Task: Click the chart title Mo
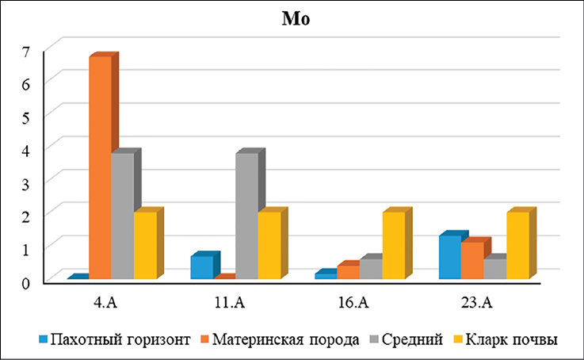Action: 292,19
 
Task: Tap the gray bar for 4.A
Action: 122,216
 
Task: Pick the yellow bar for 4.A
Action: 145,245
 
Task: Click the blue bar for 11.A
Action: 202,267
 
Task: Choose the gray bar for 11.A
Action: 247,216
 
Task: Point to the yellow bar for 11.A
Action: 269,245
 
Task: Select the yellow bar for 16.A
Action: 394,245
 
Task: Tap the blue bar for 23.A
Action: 451,258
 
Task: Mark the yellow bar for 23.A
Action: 518,245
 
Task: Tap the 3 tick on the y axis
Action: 25,182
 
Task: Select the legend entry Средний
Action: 407,339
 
